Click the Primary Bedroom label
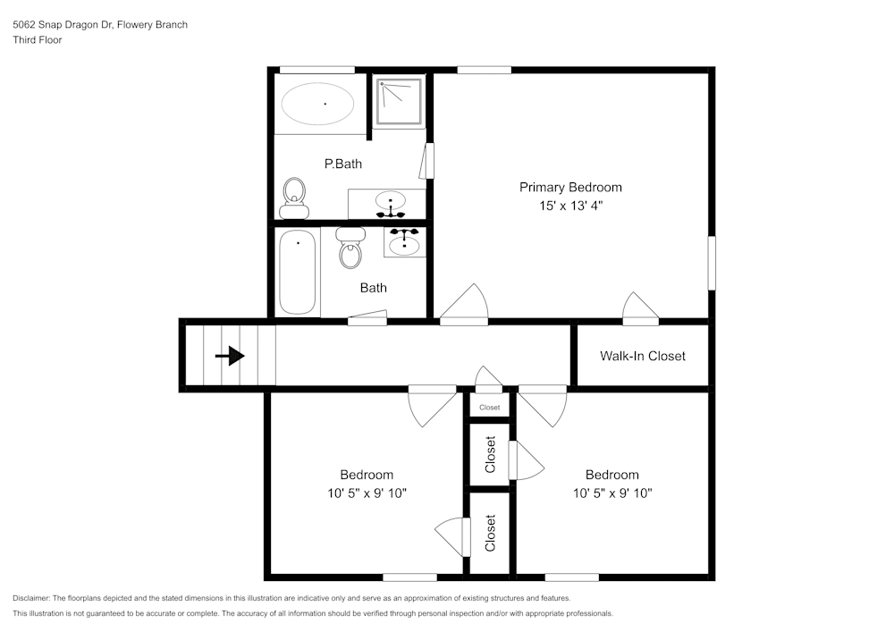570,188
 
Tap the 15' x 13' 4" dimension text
570,206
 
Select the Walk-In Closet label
643,356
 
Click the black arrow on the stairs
230,356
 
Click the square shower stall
399,101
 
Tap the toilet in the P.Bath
294,198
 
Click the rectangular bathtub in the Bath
297,272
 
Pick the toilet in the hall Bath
350,248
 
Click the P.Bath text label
343,164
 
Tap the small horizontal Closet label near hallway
490,408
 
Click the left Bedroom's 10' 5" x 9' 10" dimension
367,493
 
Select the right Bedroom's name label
612,475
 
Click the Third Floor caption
38,40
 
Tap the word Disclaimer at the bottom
31,598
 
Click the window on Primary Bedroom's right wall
712,264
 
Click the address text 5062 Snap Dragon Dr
63,24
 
